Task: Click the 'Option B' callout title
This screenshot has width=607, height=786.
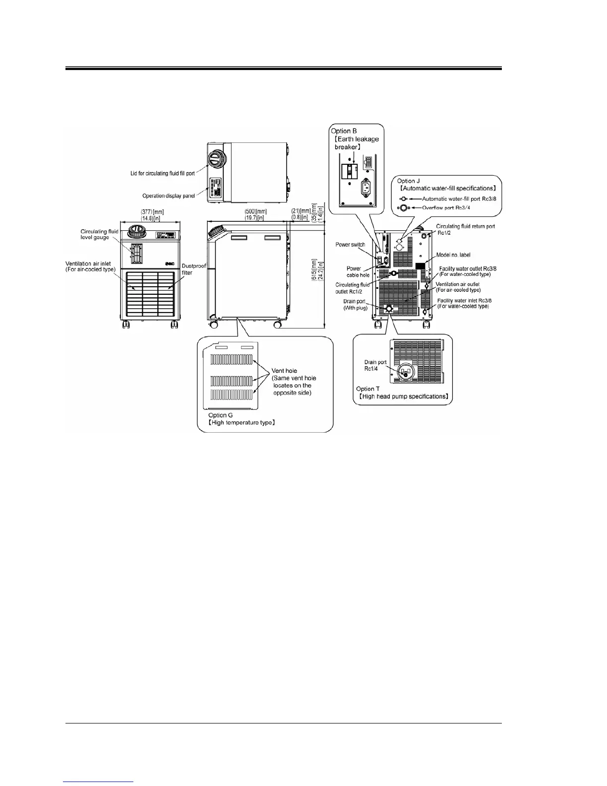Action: pyautogui.click(x=344, y=131)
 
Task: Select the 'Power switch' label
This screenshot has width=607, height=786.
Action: pyautogui.click(x=350, y=245)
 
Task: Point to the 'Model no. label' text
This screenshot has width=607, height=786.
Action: pyautogui.click(x=453, y=255)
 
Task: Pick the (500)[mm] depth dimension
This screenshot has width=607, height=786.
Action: pyautogui.click(x=255, y=212)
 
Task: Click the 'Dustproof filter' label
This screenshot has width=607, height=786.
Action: pyautogui.click(x=194, y=269)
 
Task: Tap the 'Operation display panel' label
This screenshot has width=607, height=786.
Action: pyautogui.click(x=169, y=196)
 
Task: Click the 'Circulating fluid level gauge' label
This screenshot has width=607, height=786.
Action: pyautogui.click(x=100, y=234)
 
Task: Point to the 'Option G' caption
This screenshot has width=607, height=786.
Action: pyautogui.click(x=221, y=415)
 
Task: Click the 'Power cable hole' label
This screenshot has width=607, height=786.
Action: pyautogui.click(x=358, y=272)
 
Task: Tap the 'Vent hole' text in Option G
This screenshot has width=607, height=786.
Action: pyautogui.click(x=284, y=371)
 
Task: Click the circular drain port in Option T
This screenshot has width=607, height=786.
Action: pyautogui.click(x=406, y=373)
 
